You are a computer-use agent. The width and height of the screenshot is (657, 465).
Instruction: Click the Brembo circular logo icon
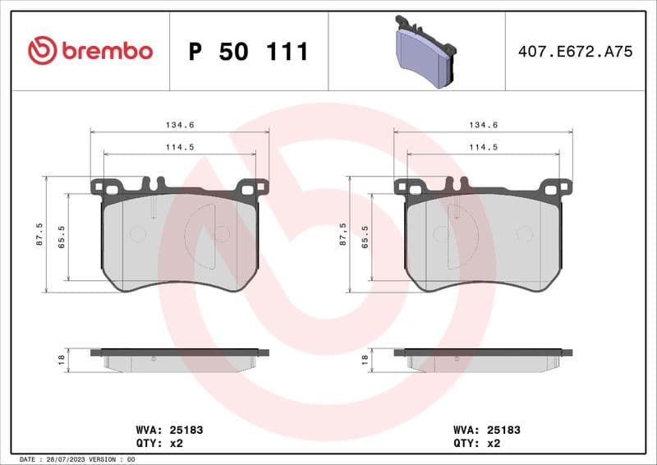[42, 51]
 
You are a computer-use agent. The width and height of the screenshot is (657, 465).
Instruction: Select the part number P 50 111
[249, 52]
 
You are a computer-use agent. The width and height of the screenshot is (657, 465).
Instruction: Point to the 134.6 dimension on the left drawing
[181, 126]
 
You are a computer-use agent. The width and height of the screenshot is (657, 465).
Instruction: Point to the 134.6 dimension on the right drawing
[484, 126]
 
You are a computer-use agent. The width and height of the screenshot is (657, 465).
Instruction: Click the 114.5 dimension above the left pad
[181, 147]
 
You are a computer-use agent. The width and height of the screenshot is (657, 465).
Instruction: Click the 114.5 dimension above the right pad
[484, 147]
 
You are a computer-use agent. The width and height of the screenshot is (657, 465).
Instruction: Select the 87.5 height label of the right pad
[342, 233]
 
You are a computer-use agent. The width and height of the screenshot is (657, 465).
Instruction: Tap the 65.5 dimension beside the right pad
[365, 237]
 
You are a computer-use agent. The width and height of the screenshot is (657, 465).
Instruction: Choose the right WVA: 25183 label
[487, 430]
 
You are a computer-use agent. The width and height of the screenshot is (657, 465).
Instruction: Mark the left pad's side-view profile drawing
[180, 359]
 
